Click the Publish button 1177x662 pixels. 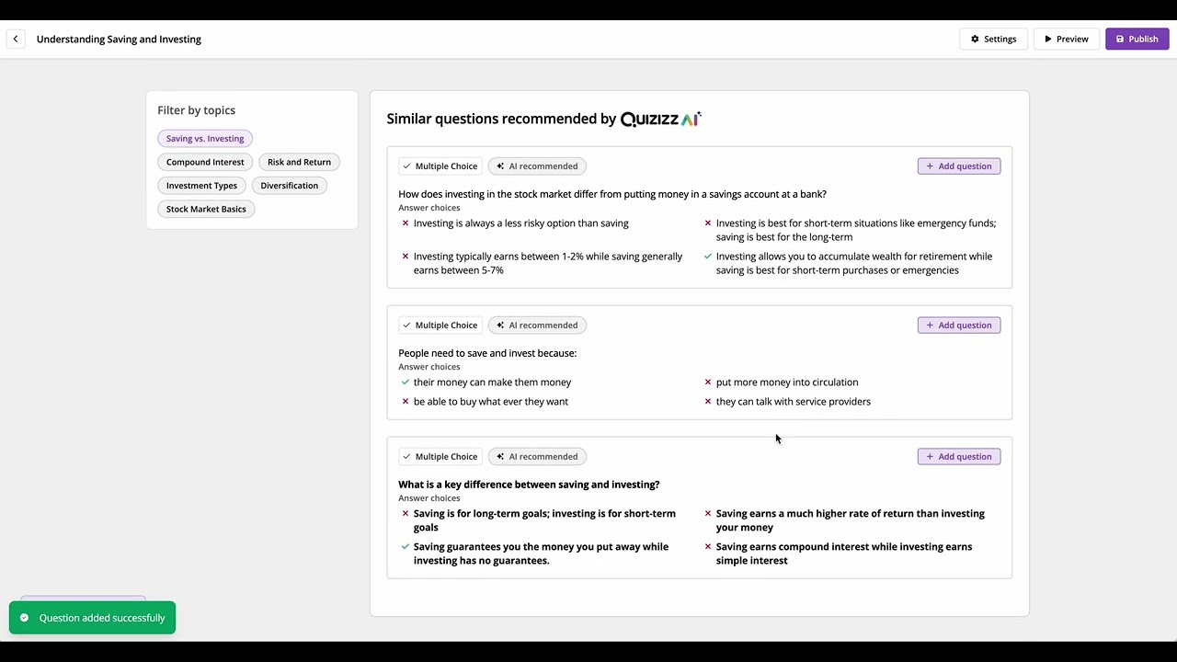point(1137,39)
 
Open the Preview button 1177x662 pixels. point(1066,39)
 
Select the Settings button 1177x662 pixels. point(993,39)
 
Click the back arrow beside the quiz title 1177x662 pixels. point(16,39)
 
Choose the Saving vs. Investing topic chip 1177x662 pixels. point(205,139)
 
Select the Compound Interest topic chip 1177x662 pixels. point(205,162)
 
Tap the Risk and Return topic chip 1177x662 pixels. point(299,162)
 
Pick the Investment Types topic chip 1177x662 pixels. point(201,186)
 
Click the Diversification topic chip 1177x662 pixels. point(289,186)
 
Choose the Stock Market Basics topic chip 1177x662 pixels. point(206,209)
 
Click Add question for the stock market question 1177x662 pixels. point(958,166)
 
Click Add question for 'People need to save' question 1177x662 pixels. point(958,325)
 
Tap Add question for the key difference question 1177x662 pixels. point(958,457)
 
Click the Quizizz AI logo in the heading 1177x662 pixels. point(660,119)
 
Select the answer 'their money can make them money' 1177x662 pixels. point(492,382)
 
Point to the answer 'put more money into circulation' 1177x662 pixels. point(786,382)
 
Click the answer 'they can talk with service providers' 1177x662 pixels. point(793,402)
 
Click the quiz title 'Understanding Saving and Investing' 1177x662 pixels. point(119,40)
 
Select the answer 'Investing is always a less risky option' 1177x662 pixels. point(520,223)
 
